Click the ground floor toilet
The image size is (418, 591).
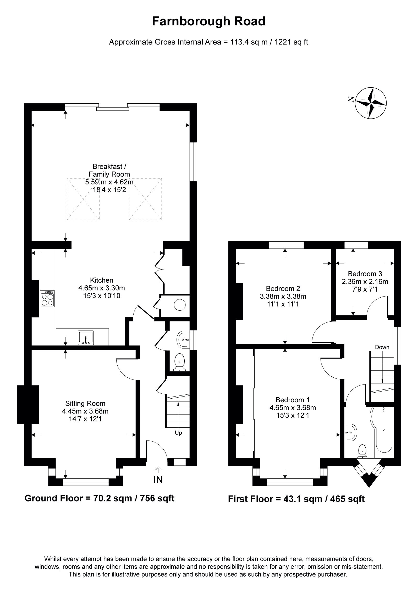coord(180,363)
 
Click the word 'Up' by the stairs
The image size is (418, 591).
coord(178,433)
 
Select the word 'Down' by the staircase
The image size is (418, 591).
coord(382,347)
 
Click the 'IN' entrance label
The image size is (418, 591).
coord(158,480)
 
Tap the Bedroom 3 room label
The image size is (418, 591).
coord(365,274)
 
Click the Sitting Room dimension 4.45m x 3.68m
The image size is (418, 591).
coord(85,411)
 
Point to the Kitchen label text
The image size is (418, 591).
coord(102,280)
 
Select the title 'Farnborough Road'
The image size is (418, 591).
coord(209,21)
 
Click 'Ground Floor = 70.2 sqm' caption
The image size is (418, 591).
coord(99,498)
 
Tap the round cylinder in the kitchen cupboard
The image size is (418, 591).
coord(180,305)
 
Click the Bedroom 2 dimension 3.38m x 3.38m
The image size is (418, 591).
coord(283,297)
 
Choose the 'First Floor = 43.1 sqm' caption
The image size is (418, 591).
coord(296,499)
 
